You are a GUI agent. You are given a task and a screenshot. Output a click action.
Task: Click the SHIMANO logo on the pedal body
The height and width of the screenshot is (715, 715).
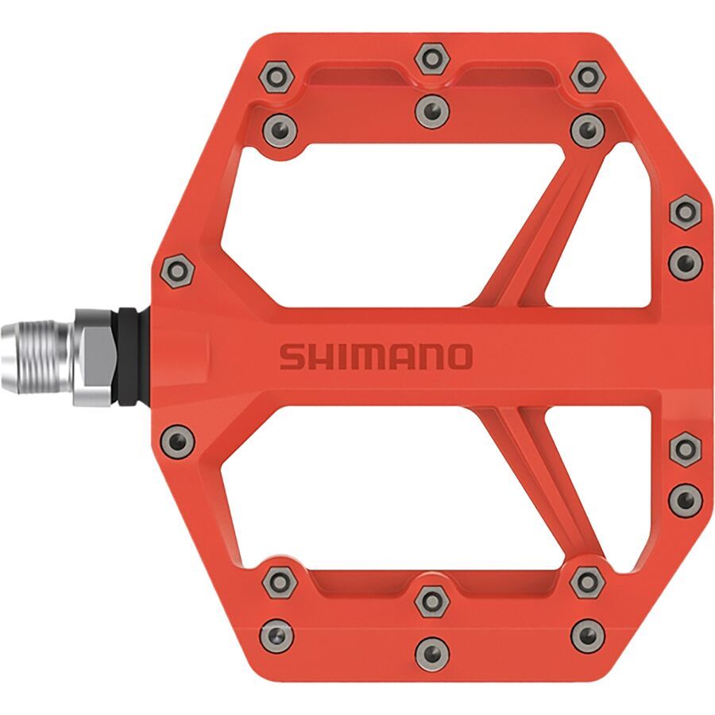pyautogui.click(x=375, y=357)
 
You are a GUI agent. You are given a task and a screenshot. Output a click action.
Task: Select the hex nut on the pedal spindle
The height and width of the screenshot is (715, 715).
pyautogui.click(x=95, y=357)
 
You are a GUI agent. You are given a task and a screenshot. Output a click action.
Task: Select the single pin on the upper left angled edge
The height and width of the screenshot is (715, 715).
pyautogui.click(x=176, y=272)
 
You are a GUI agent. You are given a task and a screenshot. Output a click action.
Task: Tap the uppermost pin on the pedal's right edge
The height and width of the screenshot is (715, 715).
pyautogui.click(x=684, y=212)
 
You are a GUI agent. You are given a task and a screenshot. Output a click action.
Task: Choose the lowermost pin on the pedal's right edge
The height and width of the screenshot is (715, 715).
pyautogui.click(x=684, y=498)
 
